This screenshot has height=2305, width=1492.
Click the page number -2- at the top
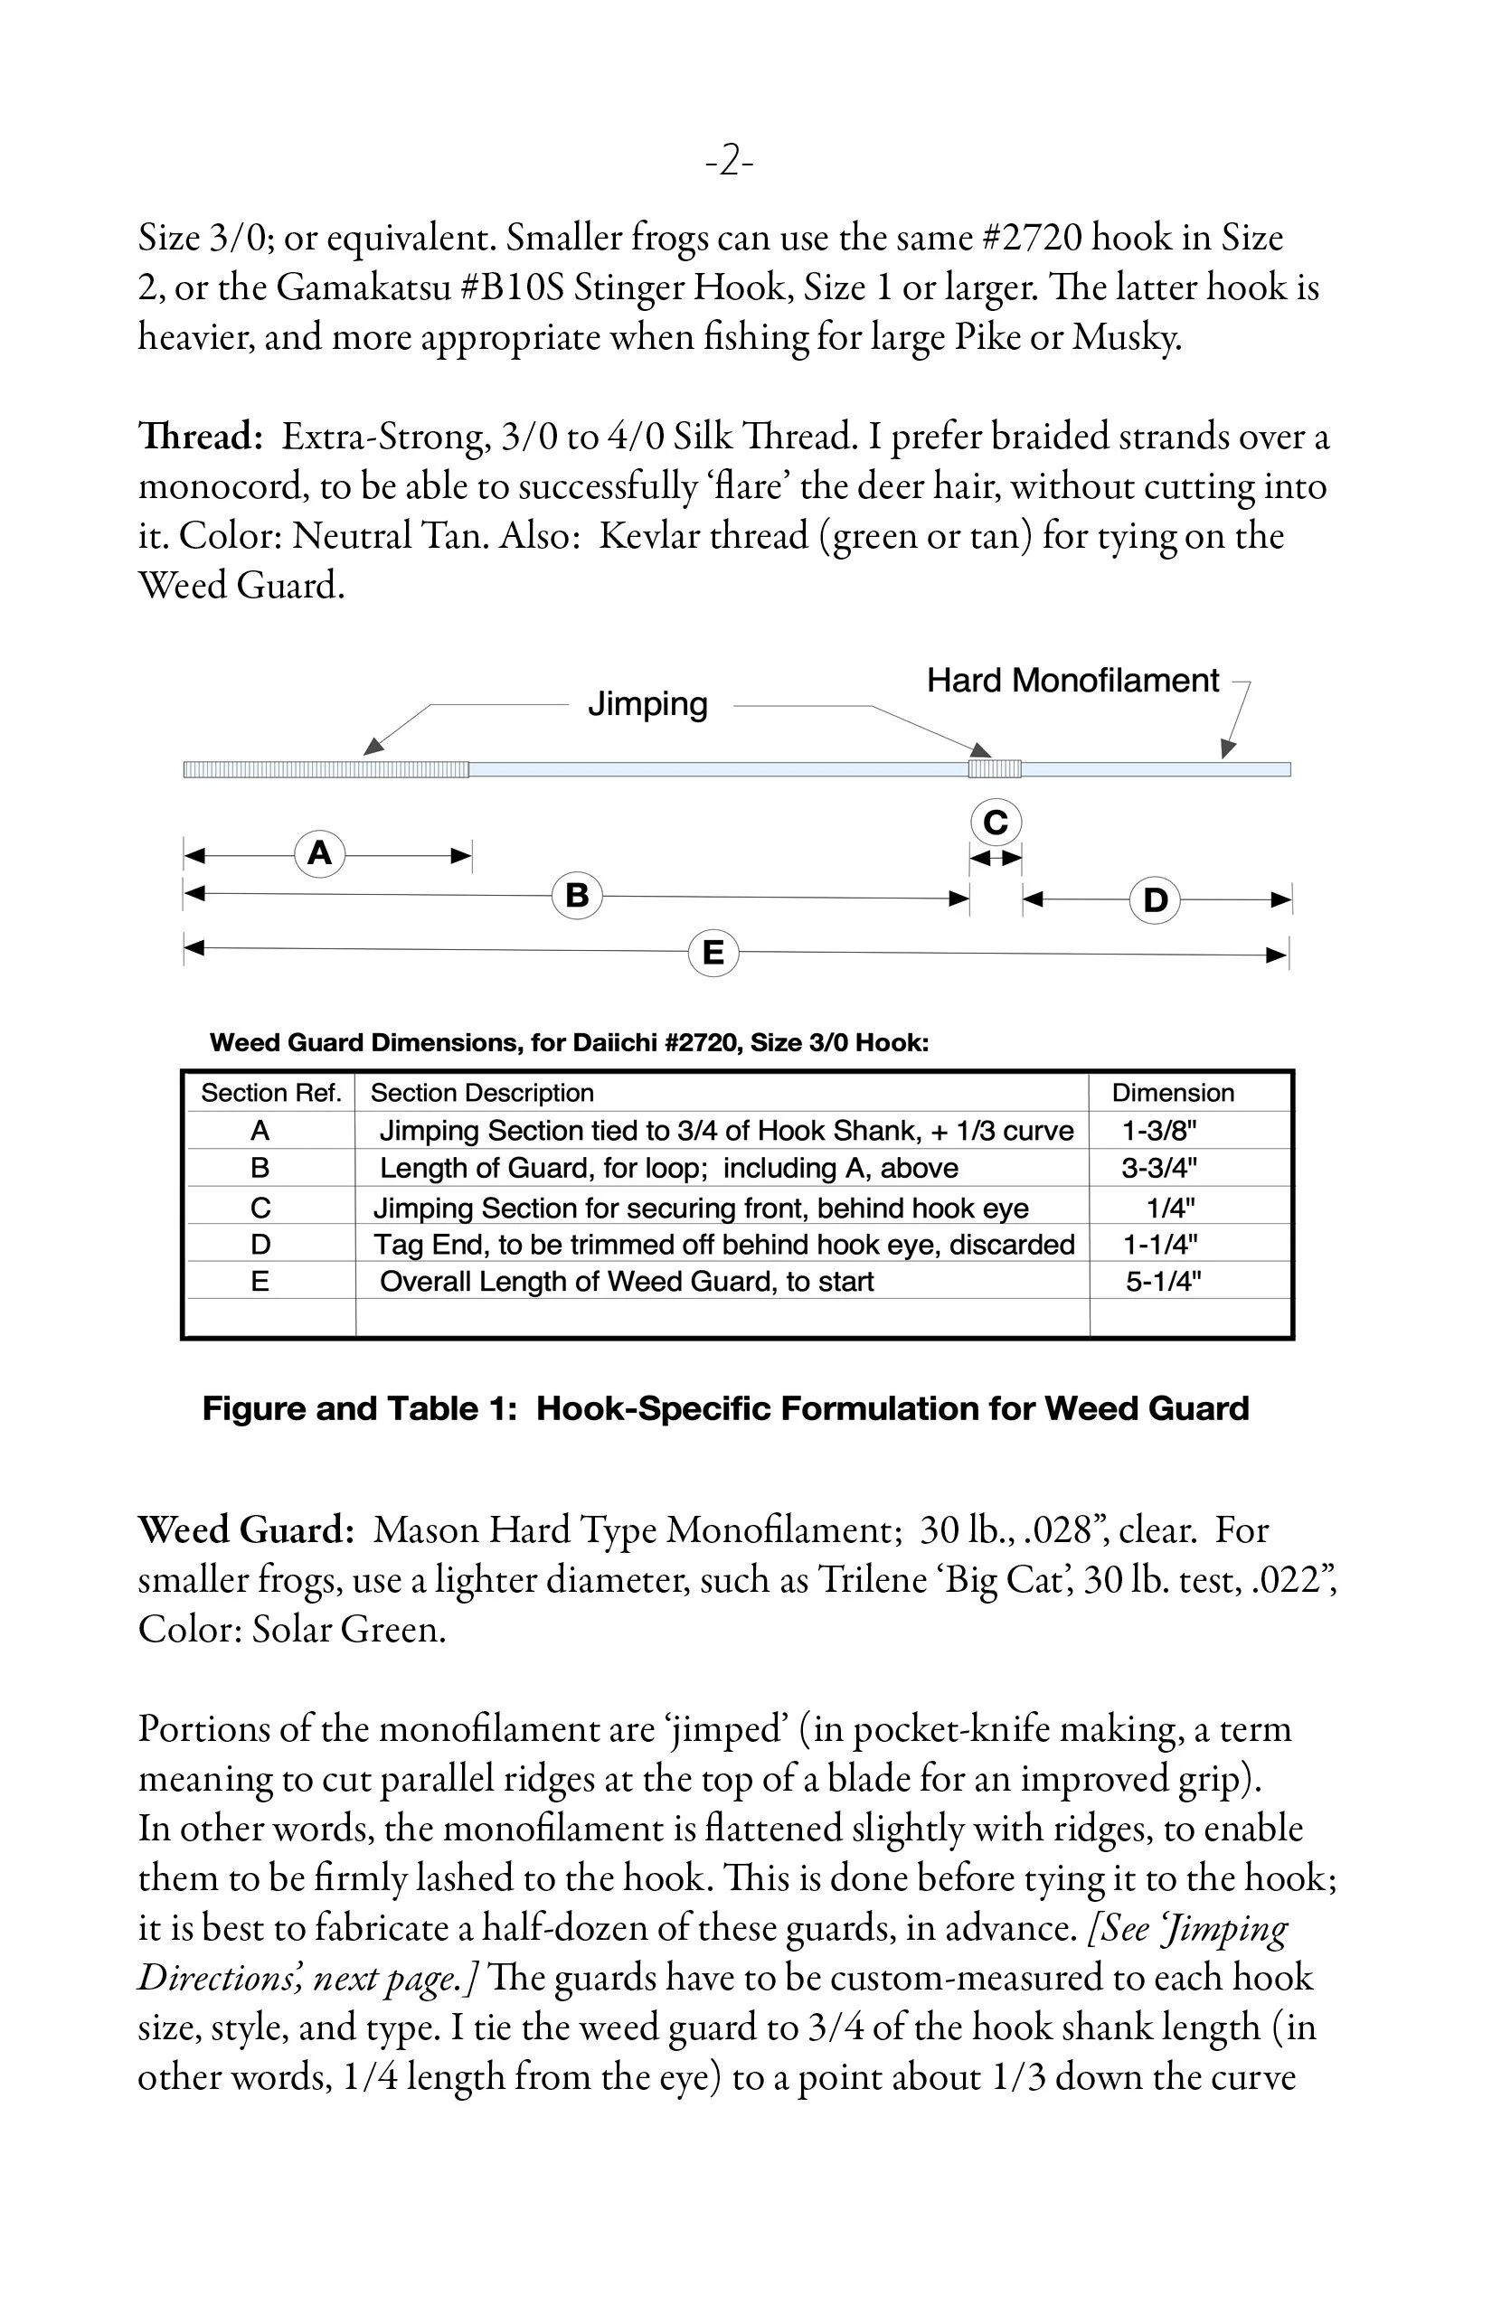(729, 159)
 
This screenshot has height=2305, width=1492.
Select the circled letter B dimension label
(577, 894)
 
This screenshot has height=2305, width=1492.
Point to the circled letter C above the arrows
(995, 823)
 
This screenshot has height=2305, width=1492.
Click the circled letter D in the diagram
(1155, 899)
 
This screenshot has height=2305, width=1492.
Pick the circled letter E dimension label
(713, 953)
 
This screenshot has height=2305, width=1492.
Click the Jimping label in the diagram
(647, 704)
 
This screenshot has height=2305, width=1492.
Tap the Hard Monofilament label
(1072, 680)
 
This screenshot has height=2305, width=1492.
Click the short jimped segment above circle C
(995, 769)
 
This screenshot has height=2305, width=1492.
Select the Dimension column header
(1172, 1093)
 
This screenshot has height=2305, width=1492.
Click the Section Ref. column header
(270, 1093)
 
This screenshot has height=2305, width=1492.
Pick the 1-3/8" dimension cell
(1158, 1130)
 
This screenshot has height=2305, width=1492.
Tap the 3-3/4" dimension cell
(1158, 1168)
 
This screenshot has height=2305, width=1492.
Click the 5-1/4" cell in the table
(1163, 1282)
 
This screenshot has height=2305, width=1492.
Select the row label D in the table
(260, 1245)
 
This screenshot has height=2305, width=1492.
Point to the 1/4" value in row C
(1170, 1208)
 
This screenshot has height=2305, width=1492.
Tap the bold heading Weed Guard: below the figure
(246, 1530)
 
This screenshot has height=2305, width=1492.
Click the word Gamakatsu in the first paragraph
(364, 287)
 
